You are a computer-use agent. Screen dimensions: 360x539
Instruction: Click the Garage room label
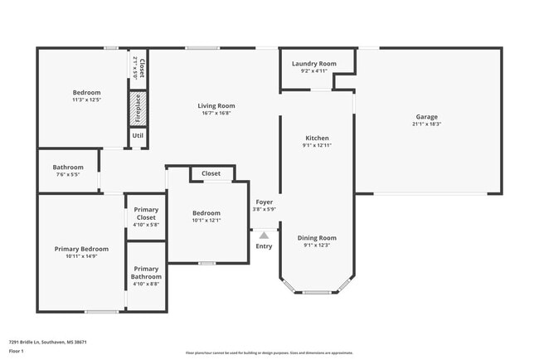point(427,117)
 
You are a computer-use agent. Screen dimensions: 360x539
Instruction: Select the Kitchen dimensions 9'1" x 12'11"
point(317,145)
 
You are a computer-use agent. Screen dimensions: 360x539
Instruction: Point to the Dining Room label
point(317,238)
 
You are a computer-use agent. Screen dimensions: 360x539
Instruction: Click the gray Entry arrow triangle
point(264,236)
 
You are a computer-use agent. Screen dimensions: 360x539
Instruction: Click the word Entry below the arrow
point(264,246)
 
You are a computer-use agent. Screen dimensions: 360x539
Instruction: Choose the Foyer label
point(264,202)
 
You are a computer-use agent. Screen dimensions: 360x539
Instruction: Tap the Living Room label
point(216,105)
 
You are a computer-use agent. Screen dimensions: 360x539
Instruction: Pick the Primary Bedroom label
point(81,249)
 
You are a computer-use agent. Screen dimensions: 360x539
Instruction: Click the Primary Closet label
point(146,214)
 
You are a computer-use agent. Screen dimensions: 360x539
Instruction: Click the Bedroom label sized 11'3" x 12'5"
point(86,92)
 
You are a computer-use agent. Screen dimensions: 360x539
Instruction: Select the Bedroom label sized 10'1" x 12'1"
point(206,213)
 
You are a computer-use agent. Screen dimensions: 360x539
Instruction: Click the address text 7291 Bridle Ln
point(48,342)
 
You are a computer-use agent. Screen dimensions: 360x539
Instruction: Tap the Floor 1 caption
point(17,352)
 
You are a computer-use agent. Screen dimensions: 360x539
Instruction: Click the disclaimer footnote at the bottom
point(269,353)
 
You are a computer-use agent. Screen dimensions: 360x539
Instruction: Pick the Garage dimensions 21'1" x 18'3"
point(427,124)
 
